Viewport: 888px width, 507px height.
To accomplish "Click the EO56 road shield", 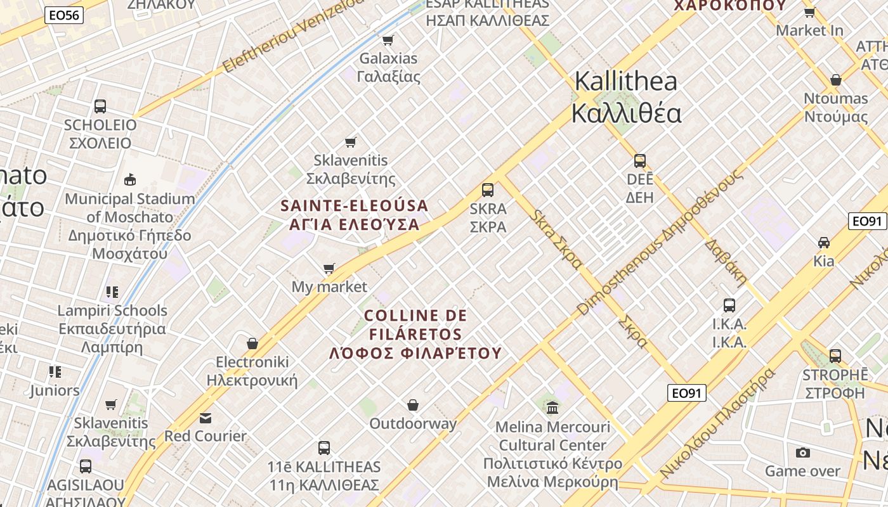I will (65, 15).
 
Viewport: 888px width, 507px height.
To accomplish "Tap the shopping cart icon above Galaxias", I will (388, 40).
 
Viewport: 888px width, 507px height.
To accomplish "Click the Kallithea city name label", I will (626, 98).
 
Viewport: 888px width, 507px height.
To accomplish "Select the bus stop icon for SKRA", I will (488, 190).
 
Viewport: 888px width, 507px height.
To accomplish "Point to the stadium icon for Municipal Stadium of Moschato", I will (130, 180).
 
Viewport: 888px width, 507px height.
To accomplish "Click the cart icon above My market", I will (329, 269).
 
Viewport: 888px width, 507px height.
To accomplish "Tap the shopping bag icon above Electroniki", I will (252, 343).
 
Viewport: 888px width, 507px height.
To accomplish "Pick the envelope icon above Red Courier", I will (206, 418).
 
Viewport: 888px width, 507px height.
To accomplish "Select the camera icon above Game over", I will (803, 452).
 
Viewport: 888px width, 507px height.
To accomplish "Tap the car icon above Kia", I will (824, 242).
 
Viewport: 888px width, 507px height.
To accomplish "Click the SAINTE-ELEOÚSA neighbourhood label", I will (355, 206).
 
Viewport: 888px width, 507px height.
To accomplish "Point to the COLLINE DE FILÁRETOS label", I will (415, 324).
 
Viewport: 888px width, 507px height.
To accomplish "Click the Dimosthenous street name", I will (660, 242).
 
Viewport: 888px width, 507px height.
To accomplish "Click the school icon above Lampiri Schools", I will (112, 292).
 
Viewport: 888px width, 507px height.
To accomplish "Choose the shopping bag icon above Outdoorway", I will (413, 405).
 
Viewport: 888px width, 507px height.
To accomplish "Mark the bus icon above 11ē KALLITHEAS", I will (324, 448).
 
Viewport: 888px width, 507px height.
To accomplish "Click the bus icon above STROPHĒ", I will (835, 356).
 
